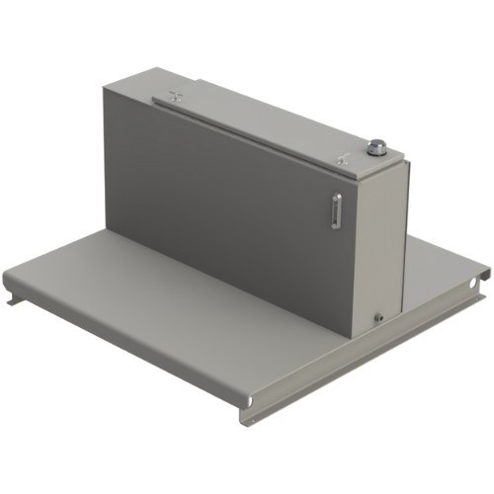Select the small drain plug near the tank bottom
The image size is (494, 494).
376,317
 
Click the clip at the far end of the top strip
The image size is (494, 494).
174,96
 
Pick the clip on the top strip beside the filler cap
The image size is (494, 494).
340,155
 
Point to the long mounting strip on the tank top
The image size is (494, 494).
257,126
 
